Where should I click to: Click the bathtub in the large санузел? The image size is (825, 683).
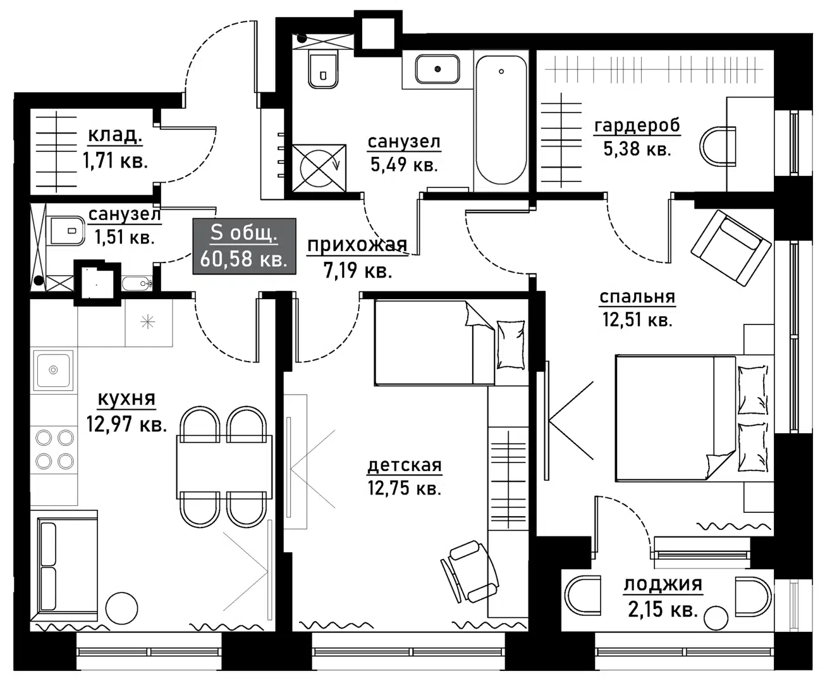click(x=501, y=120)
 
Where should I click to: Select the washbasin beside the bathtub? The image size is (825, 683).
click(x=437, y=69)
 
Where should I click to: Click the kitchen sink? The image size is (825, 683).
click(x=53, y=370)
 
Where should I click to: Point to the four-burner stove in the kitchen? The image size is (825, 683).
click(x=54, y=450)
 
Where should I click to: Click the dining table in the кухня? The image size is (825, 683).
click(x=224, y=467)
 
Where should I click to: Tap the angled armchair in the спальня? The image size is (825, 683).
click(x=731, y=248)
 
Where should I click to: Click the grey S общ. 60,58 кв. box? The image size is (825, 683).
click(x=244, y=246)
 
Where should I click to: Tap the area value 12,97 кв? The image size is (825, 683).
click(x=126, y=424)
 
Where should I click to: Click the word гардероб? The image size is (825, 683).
click(x=637, y=126)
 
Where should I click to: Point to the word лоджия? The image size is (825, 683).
click(x=663, y=584)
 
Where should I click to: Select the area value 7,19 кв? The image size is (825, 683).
click(x=358, y=271)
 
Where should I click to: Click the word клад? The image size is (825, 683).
click(x=114, y=134)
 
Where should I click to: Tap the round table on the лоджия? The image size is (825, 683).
click(x=716, y=618)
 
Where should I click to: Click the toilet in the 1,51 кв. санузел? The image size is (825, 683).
click(x=67, y=230)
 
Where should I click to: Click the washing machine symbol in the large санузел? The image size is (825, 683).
click(x=319, y=168)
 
